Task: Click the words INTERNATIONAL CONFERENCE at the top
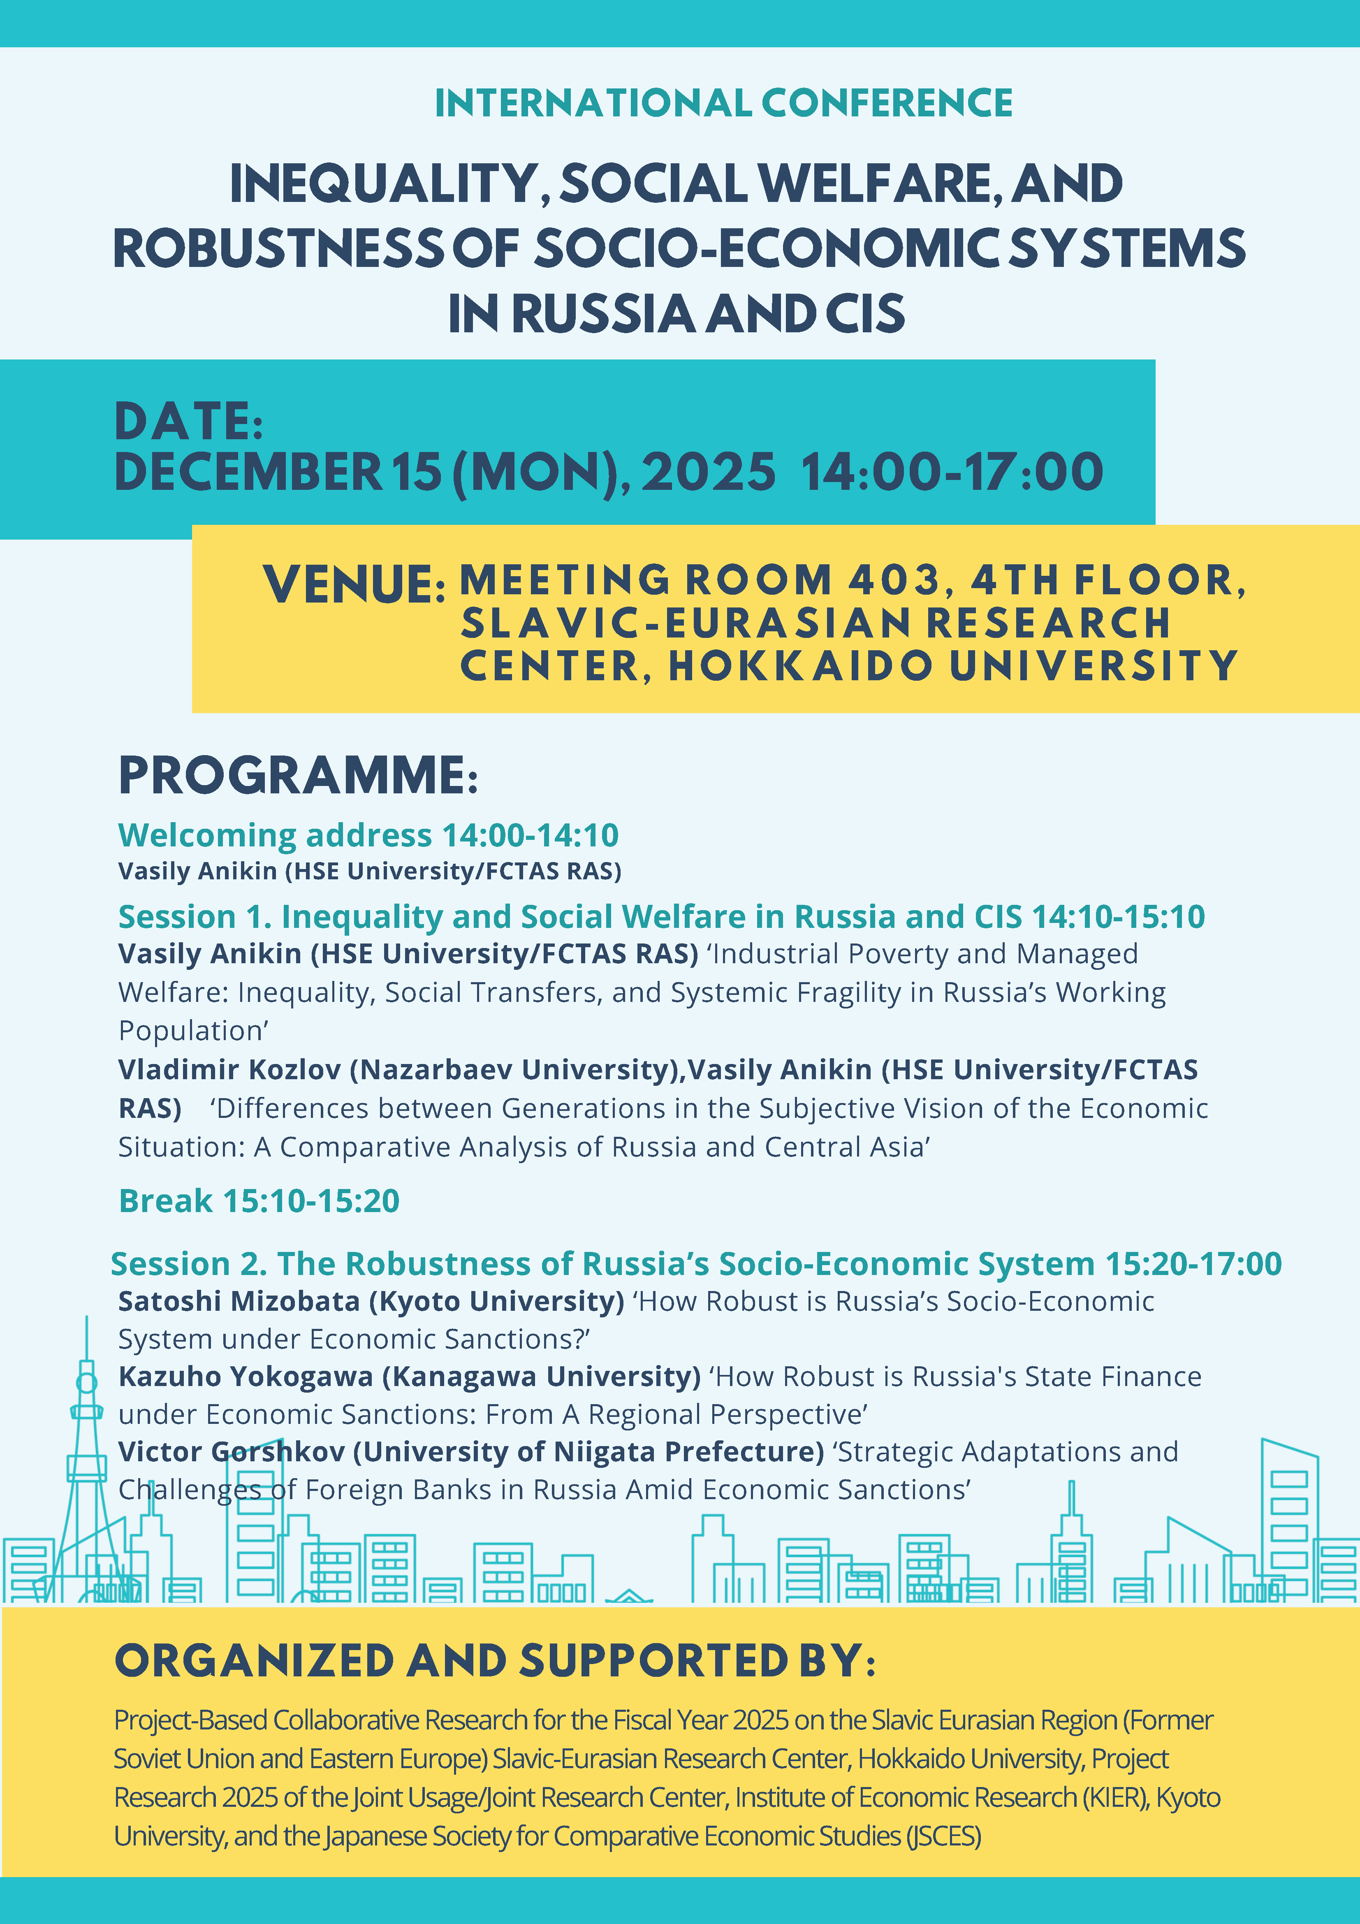pyautogui.click(x=723, y=103)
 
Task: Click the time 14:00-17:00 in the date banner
pyautogui.click(x=952, y=472)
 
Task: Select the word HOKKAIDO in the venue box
pyautogui.click(x=800, y=666)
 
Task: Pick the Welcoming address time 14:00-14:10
pyautogui.click(x=531, y=835)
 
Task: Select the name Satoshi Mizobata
pyautogui.click(x=239, y=1301)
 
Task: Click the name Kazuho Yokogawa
pyautogui.click(x=246, y=1377)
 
